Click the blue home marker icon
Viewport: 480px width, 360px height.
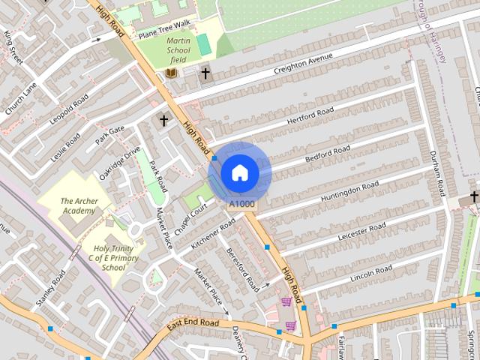click(x=240, y=172)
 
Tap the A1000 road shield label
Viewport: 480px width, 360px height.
click(x=241, y=204)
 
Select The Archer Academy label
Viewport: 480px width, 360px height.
click(x=78, y=206)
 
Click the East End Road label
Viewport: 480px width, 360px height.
click(x=193, y=324)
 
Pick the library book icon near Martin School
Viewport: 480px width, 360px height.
click(x=171, y=73)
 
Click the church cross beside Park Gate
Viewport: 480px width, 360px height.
click(x=163, y=120)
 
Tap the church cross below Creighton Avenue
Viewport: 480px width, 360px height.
click(x=205, y=73)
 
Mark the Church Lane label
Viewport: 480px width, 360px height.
click(x=21, y=98)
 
